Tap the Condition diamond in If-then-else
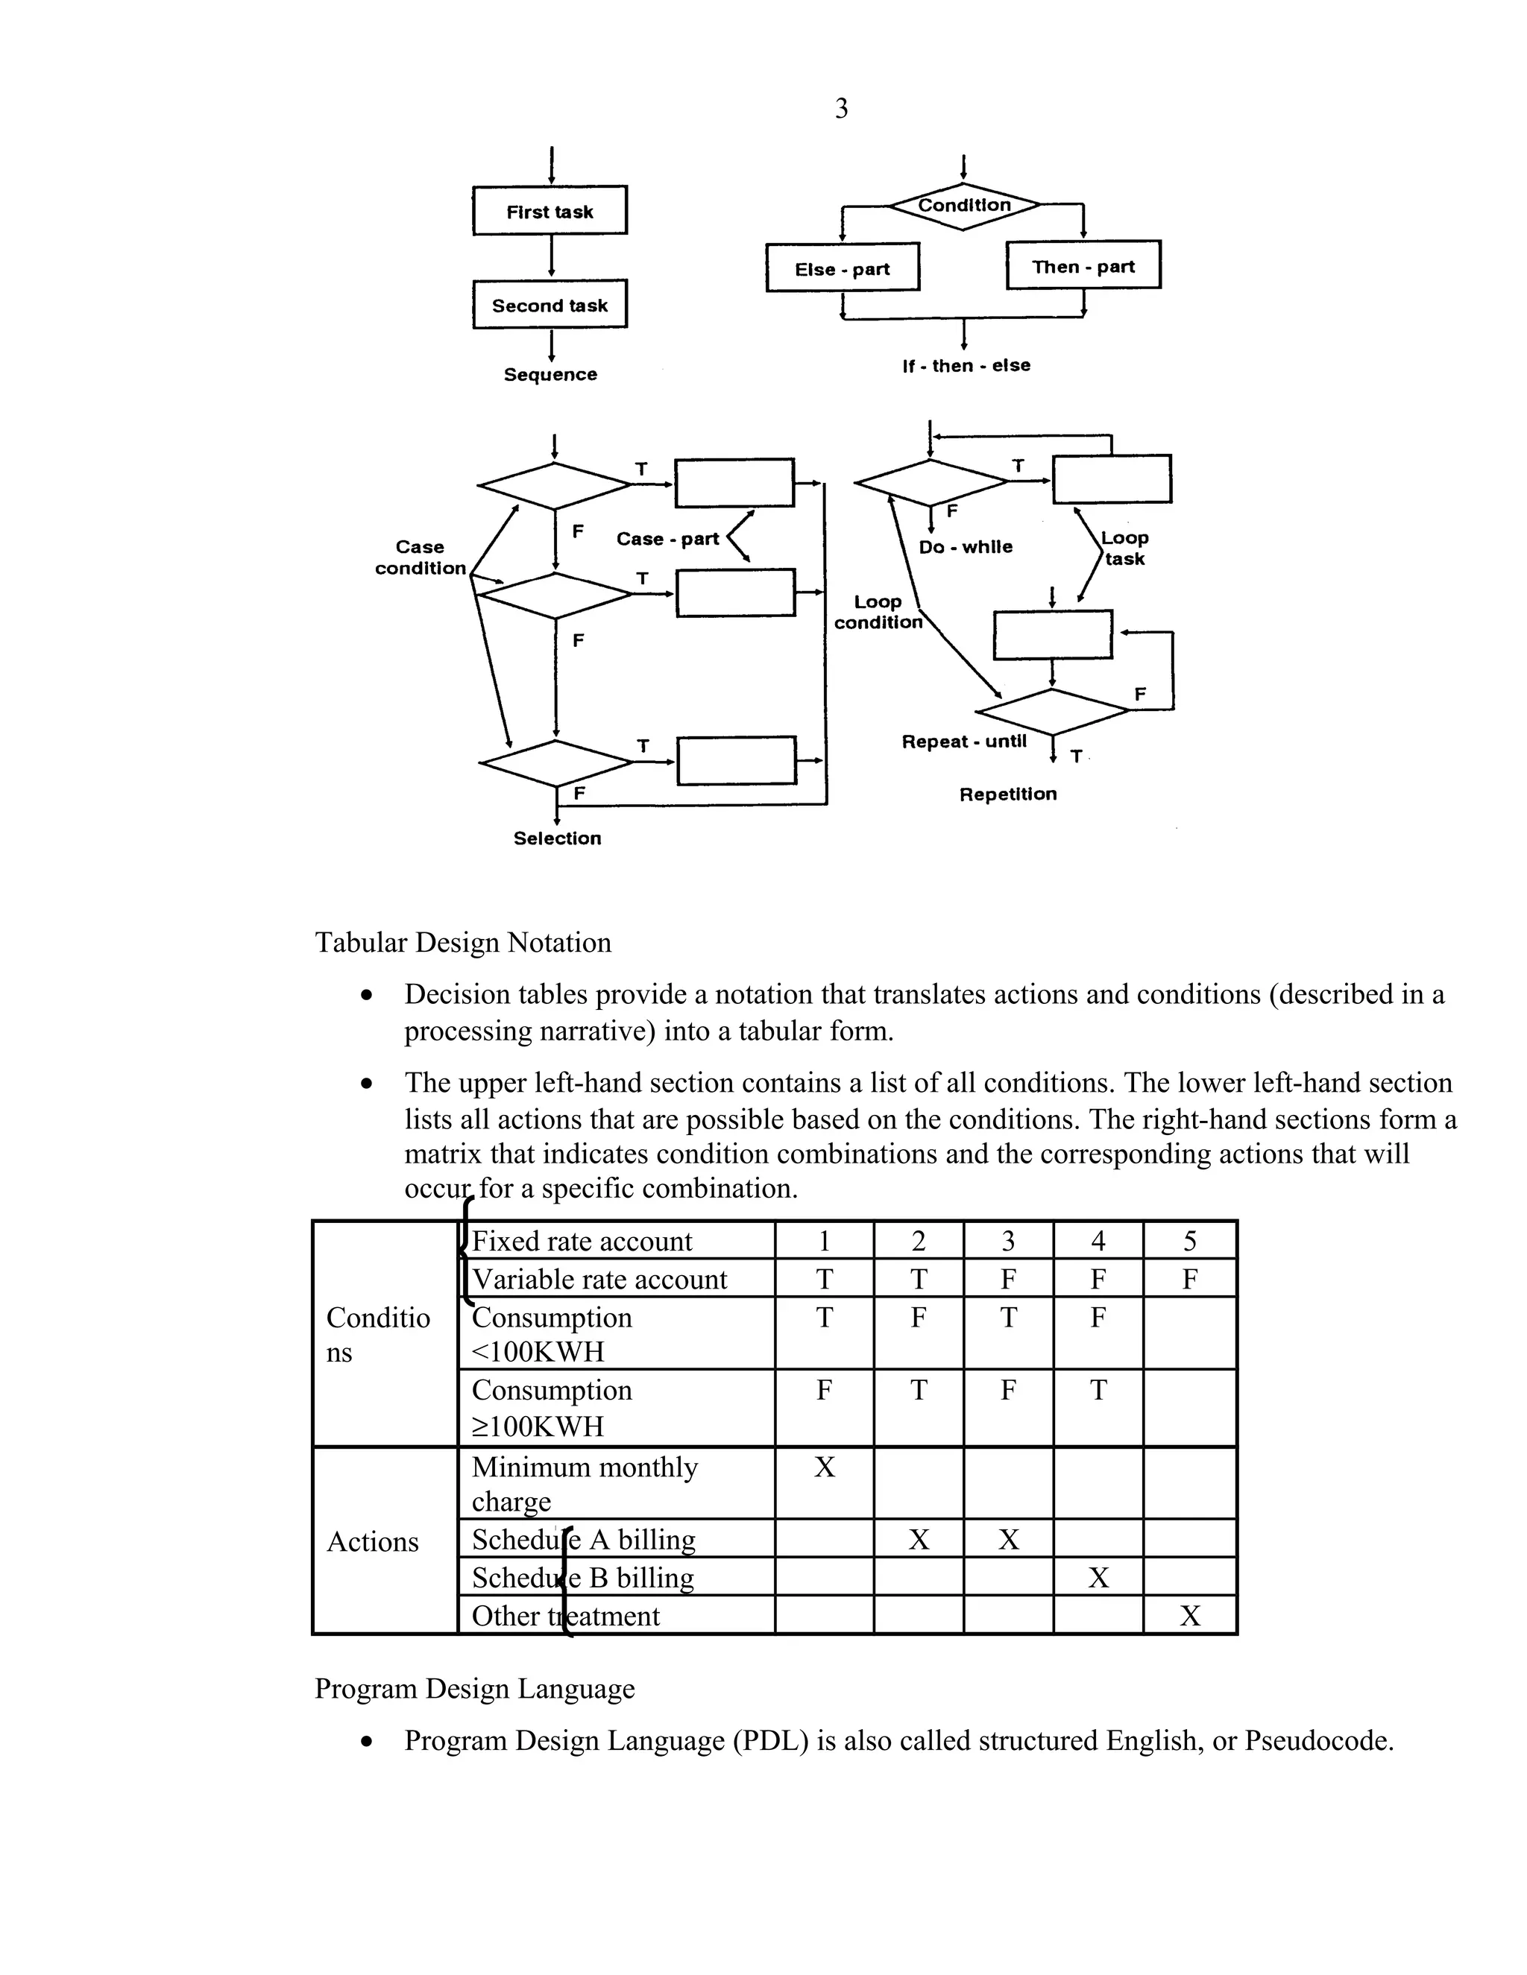pos(964,206)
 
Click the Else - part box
pos(843,268)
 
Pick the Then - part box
pos(1083,265)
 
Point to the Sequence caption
pos(550,374)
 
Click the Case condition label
pos(420,557)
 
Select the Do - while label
pos(966,546)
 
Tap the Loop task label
pos(1124,548)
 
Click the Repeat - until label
pos(963,742)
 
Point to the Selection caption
pos(557,838)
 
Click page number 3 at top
pos(841,109)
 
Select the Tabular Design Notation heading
pos(463,942)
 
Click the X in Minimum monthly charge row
pos(824,1467)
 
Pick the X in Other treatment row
pos(1189,1616)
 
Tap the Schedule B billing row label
pos(582,1578)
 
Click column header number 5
pos(1189,1241)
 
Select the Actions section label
pos(373,1542)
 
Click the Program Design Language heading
pos(474,1688)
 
